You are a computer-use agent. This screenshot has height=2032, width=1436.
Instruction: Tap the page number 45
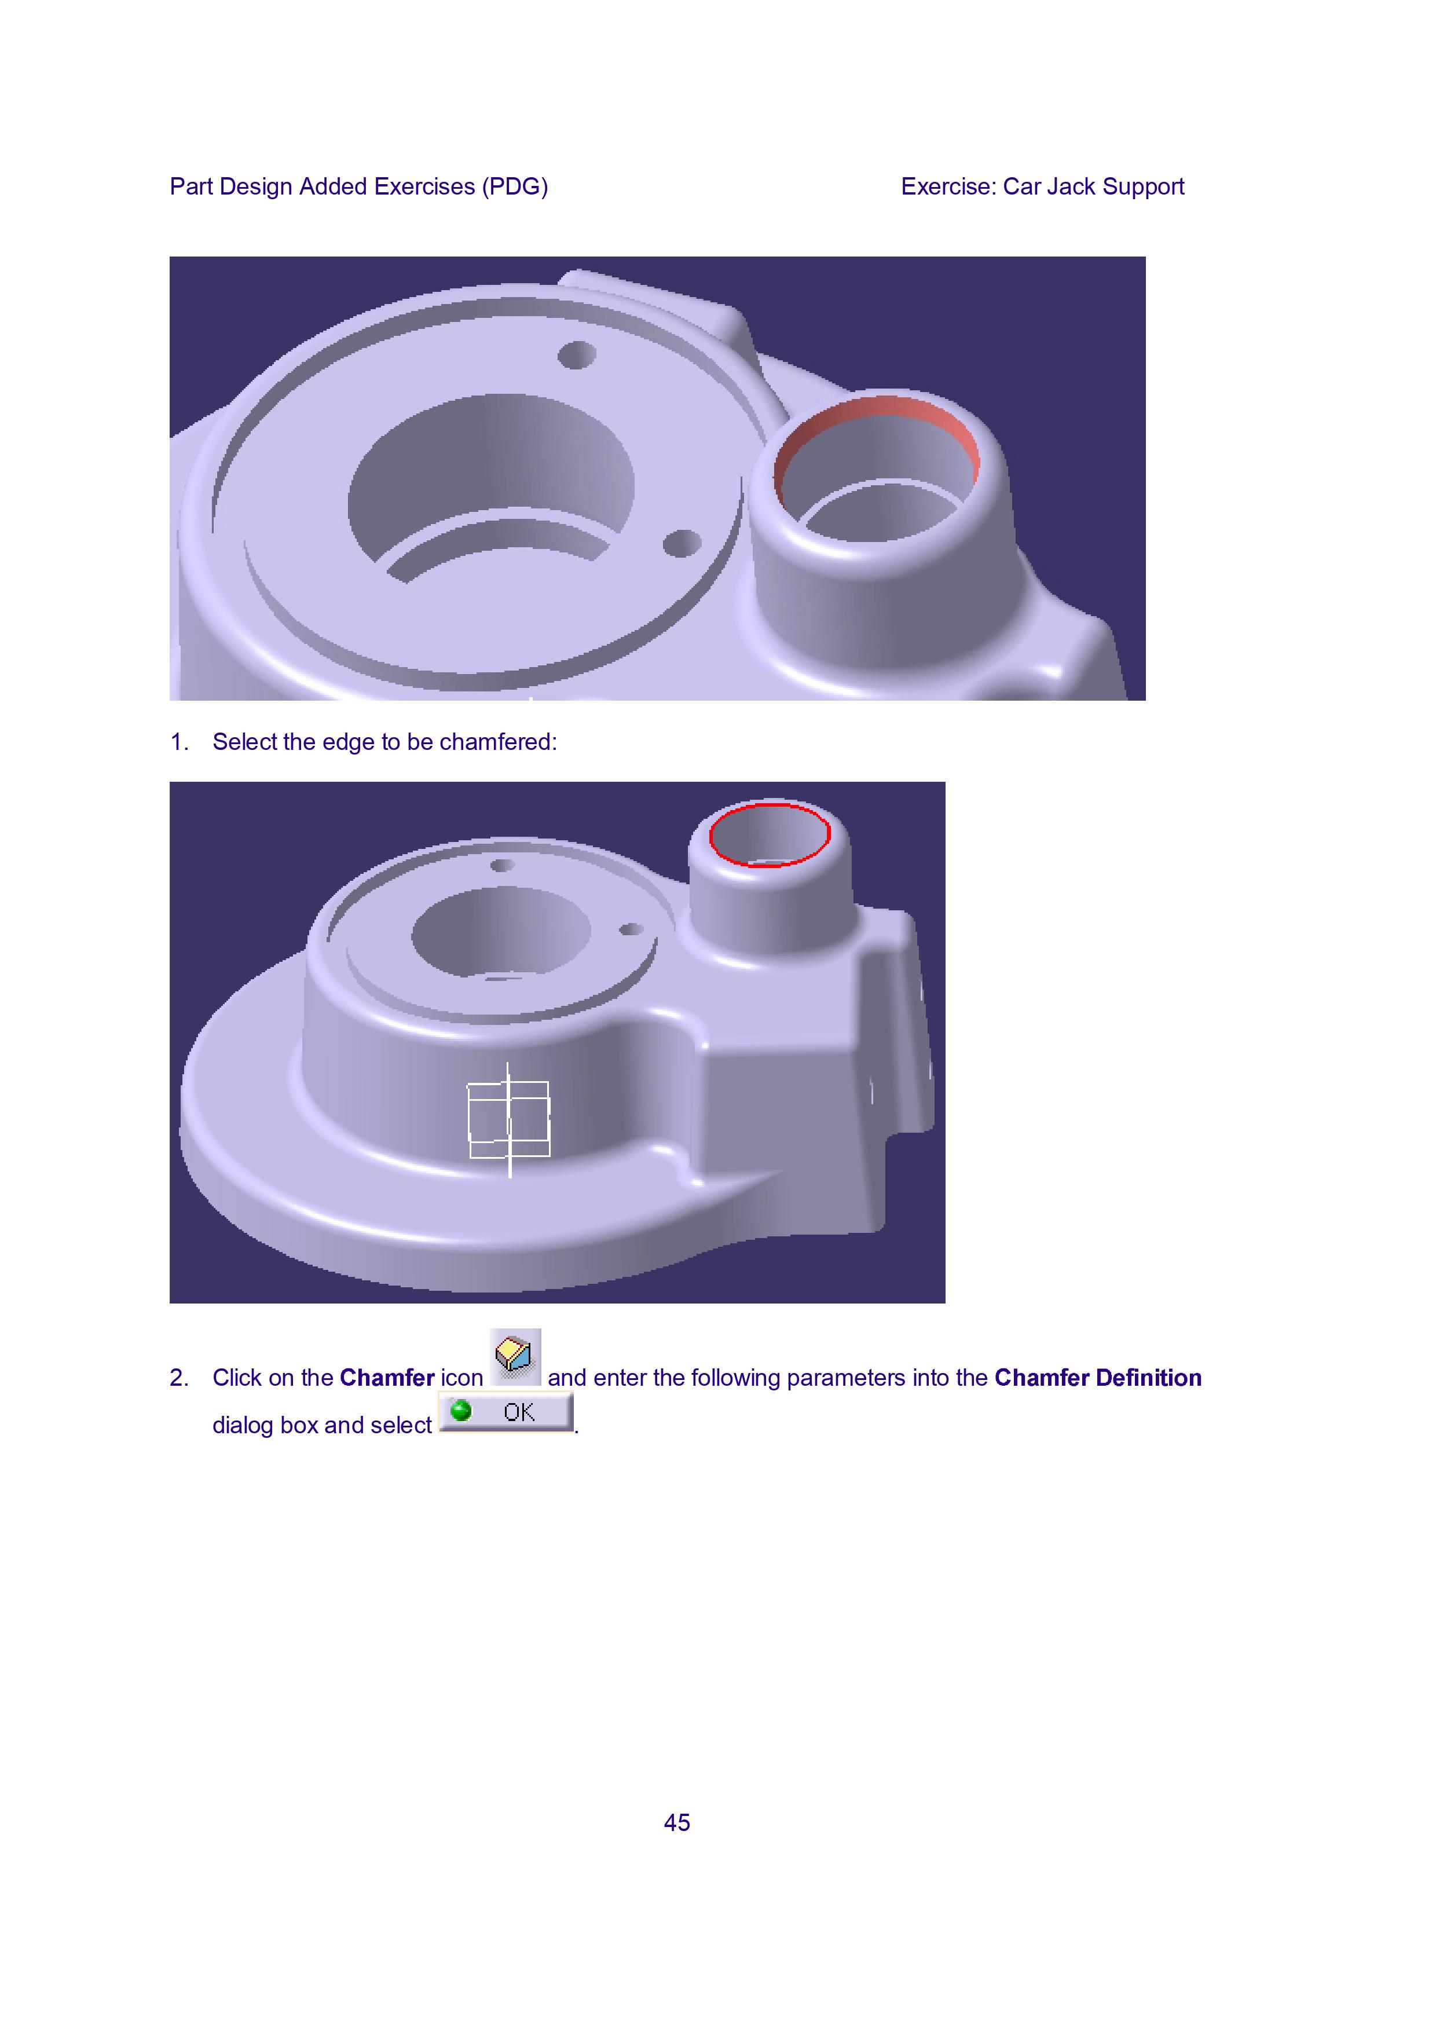[x=677, y=1822]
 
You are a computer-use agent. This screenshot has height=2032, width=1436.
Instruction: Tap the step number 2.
[x=179, y=1378]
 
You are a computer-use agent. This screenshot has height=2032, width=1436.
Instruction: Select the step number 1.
[x=179, y=742]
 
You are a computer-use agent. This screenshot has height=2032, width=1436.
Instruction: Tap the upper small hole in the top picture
[x=577, y=355]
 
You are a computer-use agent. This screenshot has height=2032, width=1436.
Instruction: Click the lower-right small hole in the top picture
[x=682, y=543]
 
